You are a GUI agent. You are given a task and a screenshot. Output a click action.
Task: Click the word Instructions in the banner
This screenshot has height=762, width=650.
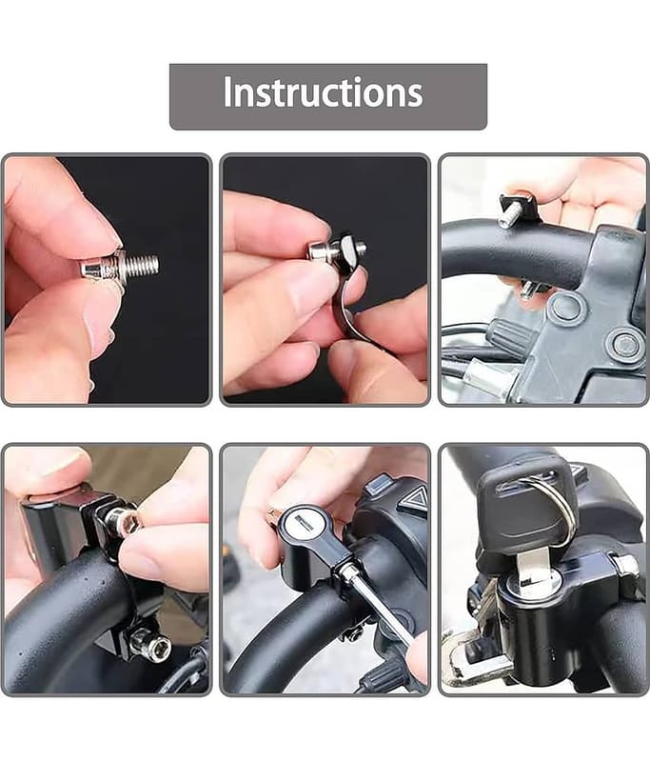(323, 92)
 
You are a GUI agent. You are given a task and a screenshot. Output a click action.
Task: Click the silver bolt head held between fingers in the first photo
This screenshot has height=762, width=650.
(95, 269)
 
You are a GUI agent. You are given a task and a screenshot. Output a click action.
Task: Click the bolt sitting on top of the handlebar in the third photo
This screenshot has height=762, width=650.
(518, 211)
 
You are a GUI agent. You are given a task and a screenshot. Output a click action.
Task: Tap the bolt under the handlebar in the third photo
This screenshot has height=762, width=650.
(533, 290)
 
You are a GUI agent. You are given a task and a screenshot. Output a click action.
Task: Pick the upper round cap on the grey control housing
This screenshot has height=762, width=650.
(566, 308)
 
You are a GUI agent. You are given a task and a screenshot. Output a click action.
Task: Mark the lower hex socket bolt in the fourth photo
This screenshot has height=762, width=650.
(152, 646)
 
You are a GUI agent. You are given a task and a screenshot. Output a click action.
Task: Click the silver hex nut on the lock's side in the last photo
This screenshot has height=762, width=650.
(626, 566)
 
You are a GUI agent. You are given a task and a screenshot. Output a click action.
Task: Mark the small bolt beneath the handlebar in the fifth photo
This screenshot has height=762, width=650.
(353, 633)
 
